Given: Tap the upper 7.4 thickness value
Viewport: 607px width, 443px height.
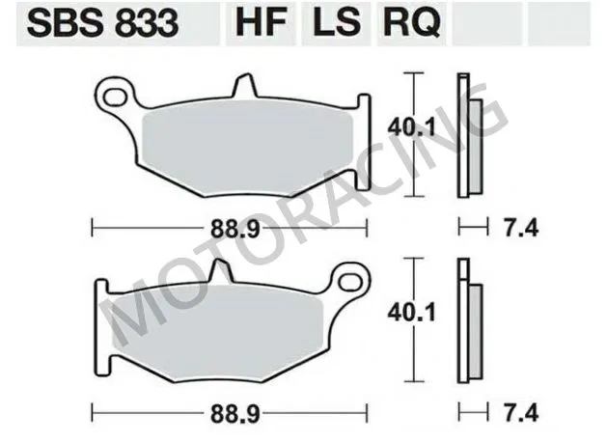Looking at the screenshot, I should tap(519, 229).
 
